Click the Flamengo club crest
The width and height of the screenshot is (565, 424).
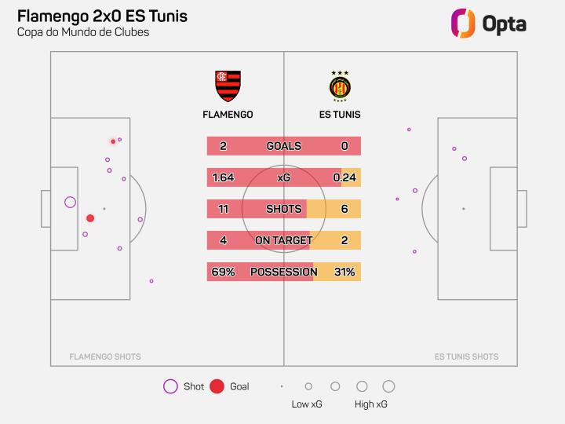[228, 86]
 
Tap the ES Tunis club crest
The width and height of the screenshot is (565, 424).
[340, 86]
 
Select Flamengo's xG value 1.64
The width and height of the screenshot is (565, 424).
[223, 177]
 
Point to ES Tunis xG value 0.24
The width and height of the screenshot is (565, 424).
[344, 177]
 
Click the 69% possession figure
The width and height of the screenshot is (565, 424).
[223, 272]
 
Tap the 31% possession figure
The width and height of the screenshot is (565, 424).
[344, 272]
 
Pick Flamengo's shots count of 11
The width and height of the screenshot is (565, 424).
[223, 209]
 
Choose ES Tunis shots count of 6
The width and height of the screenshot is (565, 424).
[344, 209]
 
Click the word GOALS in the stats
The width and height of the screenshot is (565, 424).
[283, 146]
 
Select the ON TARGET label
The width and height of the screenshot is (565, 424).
[283, 240]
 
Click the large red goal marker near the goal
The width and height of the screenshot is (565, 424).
[90, 218]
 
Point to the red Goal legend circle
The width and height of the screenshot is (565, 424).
[217, 386]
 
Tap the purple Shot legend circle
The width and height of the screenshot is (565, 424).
[170, 386]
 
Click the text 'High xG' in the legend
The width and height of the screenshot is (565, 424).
[370, 404]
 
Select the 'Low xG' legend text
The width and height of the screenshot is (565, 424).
[306, 404]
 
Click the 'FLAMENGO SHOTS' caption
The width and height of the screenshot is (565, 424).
[105, 356]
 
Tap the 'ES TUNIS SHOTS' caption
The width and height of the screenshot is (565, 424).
[466, 356]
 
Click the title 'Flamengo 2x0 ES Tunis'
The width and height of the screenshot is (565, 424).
[102, 16]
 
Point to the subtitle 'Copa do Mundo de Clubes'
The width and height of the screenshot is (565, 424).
[82, 32]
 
